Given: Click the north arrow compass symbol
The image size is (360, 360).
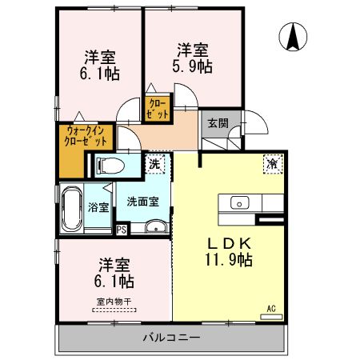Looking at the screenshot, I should tap(293, 36).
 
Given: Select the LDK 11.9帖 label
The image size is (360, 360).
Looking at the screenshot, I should tap(231, 250).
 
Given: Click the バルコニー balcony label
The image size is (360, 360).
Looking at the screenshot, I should tap(171, 337).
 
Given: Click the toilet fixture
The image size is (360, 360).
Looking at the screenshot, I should tap(110, 166).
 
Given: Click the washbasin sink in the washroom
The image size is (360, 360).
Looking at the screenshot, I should tap(154, 226).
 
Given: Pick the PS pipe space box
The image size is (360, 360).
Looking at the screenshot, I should tap(122, 230).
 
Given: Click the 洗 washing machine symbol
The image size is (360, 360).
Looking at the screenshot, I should tap(155, 164).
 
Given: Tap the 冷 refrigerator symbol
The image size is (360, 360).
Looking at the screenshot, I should tap(273, 163).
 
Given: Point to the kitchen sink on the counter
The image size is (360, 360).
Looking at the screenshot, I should tap(241, 202).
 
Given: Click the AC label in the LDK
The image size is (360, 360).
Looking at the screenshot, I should tap(270, 308).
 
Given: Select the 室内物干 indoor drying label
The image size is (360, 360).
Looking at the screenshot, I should tap(114, 302).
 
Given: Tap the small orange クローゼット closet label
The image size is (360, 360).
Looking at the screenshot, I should tap(156, 107).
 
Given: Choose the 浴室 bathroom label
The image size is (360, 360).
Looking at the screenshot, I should tap(98, 206).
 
